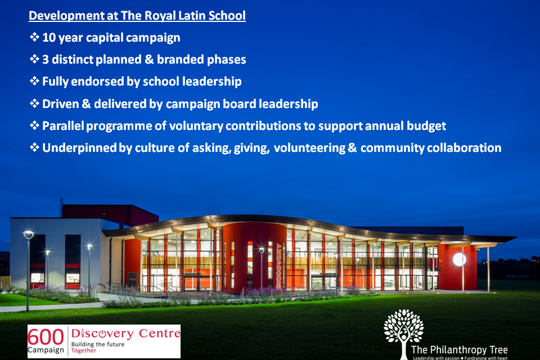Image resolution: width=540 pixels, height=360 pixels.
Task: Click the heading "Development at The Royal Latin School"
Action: [137, 15]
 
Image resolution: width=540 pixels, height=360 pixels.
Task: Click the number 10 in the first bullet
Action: [49, 38]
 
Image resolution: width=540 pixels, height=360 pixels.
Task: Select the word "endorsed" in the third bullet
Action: [98, 81]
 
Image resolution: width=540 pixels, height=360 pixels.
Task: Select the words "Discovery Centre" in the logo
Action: [124, 334]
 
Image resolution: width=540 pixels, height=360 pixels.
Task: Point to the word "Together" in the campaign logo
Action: [83, 350]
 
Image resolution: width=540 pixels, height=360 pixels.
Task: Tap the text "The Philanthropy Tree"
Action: [459, 349]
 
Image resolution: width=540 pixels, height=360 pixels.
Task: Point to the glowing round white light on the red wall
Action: [459, 259]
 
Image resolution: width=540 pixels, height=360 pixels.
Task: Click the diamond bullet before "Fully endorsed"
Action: [34, 82]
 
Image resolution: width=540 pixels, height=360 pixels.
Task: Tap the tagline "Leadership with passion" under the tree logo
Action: [438, 357]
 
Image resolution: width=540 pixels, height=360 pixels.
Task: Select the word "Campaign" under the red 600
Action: [46, 350]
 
